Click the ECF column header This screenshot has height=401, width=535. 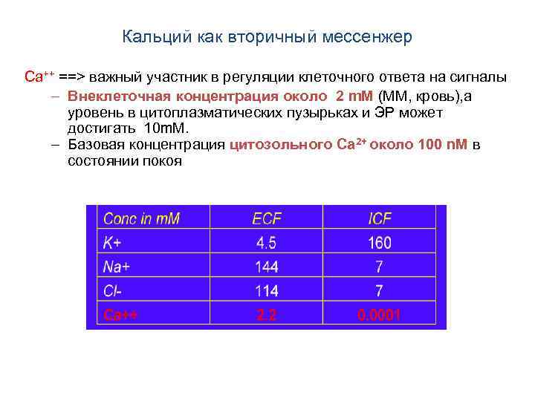coord(267,219)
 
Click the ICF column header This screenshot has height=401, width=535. coord(380,219)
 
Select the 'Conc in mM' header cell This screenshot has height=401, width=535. coord(142,219)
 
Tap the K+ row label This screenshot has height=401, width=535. coord(113,243)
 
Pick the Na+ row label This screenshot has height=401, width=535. coord(117,267)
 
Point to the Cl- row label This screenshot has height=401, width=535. coord(113,290)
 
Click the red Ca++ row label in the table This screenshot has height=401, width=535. coord(120,315)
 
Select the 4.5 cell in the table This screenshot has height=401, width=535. coord(267,243)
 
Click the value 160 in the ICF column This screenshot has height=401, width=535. coord(379,243)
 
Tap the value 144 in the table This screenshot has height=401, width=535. coord(267,267)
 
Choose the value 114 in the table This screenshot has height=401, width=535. coord(267,290)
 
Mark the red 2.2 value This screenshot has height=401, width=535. coord(266,315)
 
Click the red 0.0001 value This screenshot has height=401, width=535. coord(379,315)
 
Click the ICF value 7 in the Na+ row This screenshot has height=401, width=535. coord(379,267)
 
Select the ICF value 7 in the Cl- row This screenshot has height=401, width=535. coord(379,290)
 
